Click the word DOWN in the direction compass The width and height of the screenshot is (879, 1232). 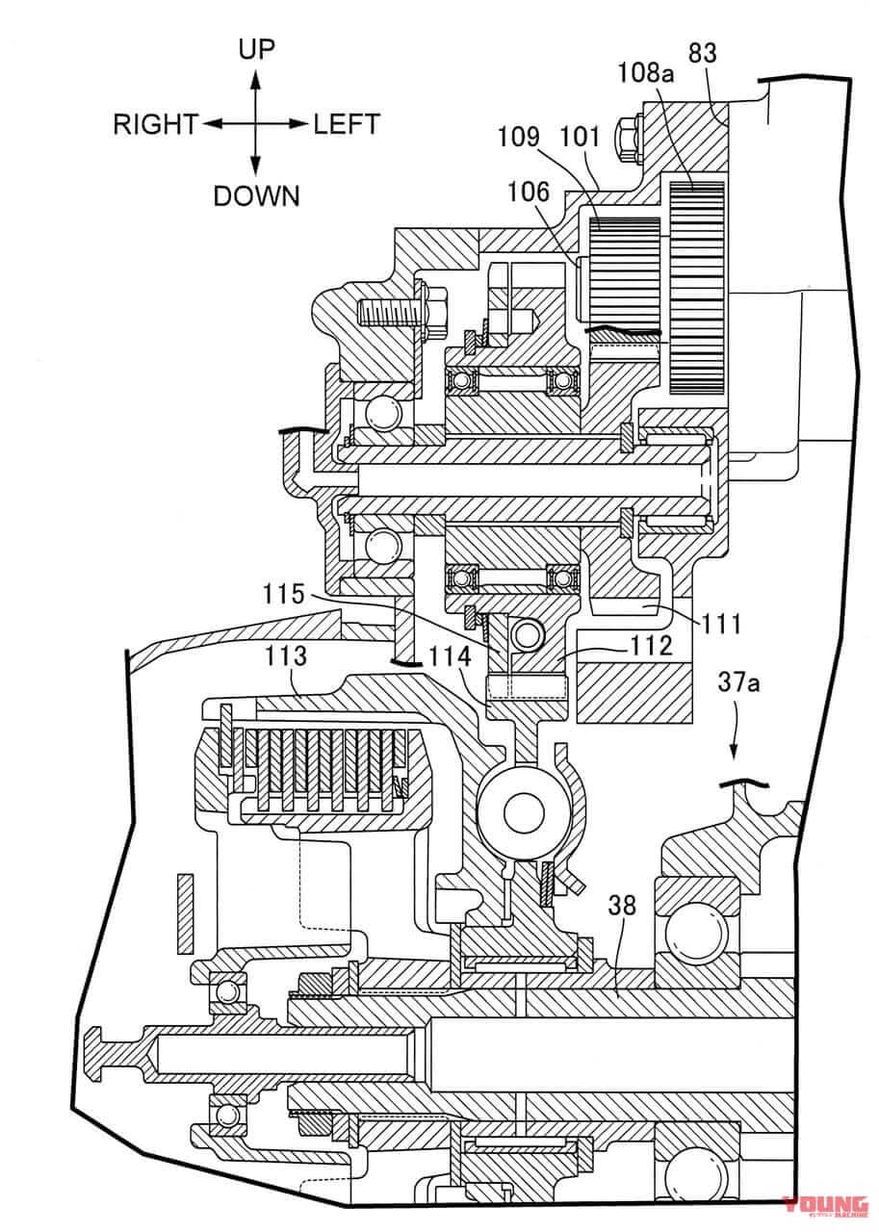pyautogui.click(x=256, y=196)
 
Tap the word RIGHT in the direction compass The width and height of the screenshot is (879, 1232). pyautogui.click(x=155, y=124)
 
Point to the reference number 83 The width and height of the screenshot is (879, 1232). pyautogui.click(x=702, y=54)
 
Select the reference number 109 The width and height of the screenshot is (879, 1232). pyautogui.click(x=520, y=137)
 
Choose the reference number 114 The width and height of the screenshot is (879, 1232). pyautogui.click(x=451, y=656)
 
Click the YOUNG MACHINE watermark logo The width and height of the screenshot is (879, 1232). pyautogui.click(x=825, y=1202)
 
